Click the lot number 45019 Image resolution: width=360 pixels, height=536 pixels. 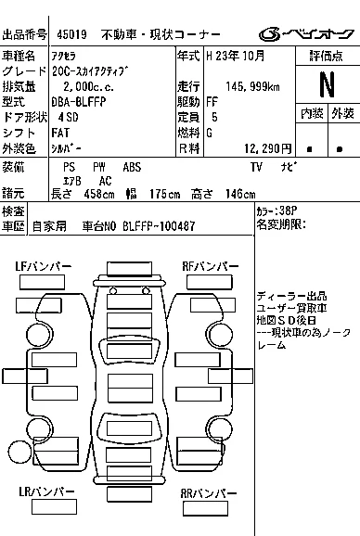pos(71,34)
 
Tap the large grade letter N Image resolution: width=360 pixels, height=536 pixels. pos(327,84)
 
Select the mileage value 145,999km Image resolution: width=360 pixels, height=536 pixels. pos(252,87)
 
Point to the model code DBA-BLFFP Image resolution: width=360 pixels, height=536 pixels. pos(79,102)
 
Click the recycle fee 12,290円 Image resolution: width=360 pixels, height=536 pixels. pos(268,148)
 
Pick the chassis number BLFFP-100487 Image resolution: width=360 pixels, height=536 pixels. pos(159,226)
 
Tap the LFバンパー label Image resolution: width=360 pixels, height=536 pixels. pos(44,266)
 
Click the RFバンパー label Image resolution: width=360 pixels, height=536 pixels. pos(211,266)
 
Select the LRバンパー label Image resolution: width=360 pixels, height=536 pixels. pos(46,491)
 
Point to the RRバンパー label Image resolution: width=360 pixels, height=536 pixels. pos(209,493)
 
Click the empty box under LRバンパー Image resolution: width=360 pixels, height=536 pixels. pos(54,507)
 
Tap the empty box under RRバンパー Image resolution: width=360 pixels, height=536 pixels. pos(205,509)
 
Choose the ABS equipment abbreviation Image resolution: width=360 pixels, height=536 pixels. pos(132,167)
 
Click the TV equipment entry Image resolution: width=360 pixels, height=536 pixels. pos(256,167)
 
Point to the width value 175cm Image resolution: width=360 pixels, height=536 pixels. pos(165,194)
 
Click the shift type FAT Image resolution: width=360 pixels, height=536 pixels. pos(60,133)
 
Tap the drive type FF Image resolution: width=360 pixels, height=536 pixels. pos(212,102)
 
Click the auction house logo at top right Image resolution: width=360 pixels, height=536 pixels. pos(306,33)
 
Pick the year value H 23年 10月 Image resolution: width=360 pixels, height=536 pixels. pos(236,56)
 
